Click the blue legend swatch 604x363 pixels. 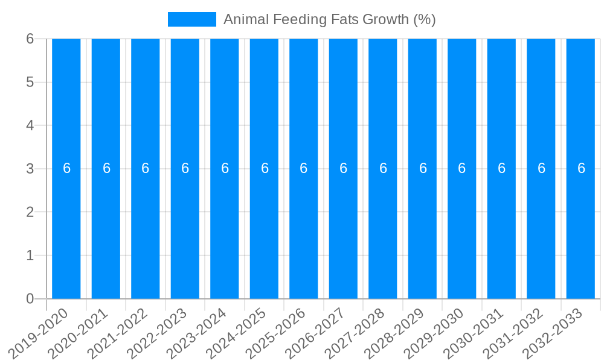pyautogui.click(x=191, y=19)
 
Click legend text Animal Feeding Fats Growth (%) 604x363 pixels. pyautogui.click(x=329, y=19)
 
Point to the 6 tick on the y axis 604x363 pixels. pyautogui.click(x=30, y=39)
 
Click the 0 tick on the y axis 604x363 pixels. pyautogui.click(x=30, y=299)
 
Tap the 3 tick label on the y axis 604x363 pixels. pyautogui.click(x=30, y=169)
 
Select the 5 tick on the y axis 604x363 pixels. pyautogui.click(x=30, y=82)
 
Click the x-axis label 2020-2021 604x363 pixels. pyautogui.click(x=79, y=333)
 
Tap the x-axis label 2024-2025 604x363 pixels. pyautogui.click(x=237, y=333)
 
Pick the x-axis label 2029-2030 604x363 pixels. pyautogui.click(x=435, y=333)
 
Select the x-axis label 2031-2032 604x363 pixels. pyautogui.click(x=514, y=333)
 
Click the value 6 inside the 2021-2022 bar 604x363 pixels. pyautogui.click(x=146, y=169)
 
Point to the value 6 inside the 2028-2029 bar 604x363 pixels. pyautogui.click(x=423, y=169)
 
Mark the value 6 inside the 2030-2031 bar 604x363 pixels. pyautogui.click(x=502, y=169)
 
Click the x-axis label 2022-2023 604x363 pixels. pyautogui.click(x=158, y=333)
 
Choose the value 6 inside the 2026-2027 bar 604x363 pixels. pyautogui.click(x=344, y=169)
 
